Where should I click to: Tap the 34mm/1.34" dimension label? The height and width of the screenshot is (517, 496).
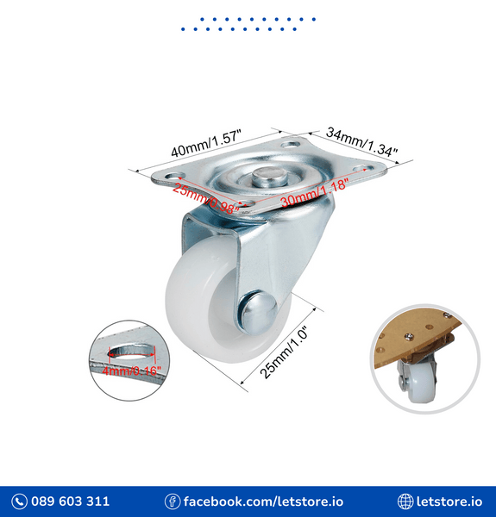pyautogui.click(x=361, y=144)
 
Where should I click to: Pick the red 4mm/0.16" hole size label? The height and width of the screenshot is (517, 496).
pyautogui.click(x=131, y=371)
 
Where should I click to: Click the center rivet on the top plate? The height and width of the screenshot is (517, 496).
pyautogui.click(x=267, y=178)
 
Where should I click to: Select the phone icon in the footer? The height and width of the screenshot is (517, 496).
pyautogui.click(x=19, y=501)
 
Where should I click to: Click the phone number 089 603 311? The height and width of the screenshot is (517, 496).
pyautogui.click(x=71, y=501)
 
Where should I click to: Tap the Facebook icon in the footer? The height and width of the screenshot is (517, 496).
pyautogui.click(x=173, y=501)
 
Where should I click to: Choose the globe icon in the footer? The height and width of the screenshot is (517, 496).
pyautogui.click(x=405, y=501)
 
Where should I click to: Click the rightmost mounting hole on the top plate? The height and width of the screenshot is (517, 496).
pyautogui.click(x=361, y=169)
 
